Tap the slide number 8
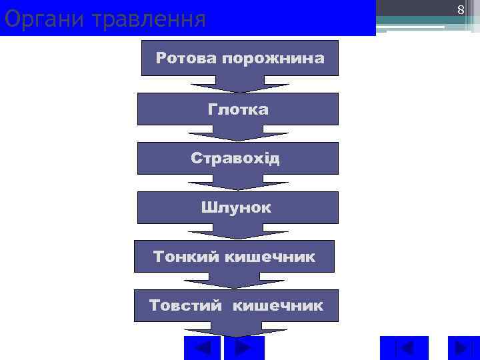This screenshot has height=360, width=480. [x=460, y=10]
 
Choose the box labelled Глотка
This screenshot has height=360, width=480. [x=238, y=109]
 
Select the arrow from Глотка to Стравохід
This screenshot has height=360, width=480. [x=238, y=133]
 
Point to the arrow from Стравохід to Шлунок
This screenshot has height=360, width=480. [x=238, y=183]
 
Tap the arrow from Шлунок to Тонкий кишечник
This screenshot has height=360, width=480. [x=238, y=232]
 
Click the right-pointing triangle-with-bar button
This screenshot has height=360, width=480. [x=459, y=349]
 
